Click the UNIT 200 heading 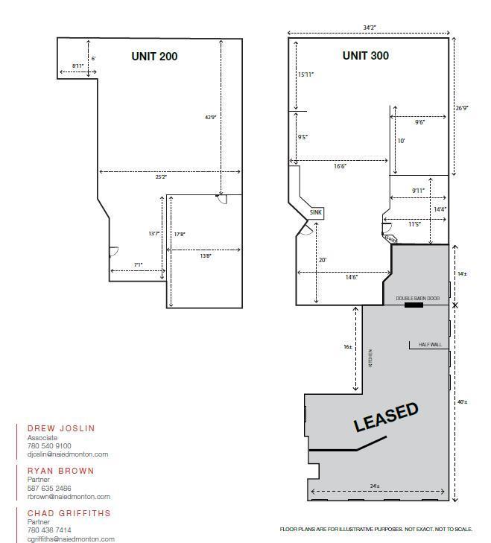click(154, 56)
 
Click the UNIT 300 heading click(365, 56)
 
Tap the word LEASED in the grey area click(386, 417)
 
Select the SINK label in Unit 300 click(317, 213)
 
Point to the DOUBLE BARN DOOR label click(417, 298)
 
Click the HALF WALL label click(430, 345)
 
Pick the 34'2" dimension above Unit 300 click(369, 28)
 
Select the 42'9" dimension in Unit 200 click(211, 117)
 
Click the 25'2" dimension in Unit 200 click(162, 177)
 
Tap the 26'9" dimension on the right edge click(462, 108)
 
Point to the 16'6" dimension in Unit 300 click(340, 167)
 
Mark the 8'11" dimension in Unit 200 click(78, 66)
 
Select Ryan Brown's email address click(69, 497)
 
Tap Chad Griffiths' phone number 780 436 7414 click(49, 530)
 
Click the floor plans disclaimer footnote click(376, 529)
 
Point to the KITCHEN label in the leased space click(370, 358)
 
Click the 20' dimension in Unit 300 click(323, 260)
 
